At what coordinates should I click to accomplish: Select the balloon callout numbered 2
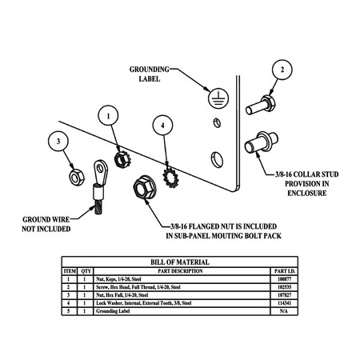(282, 70)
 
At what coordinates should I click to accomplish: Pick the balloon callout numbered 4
(163, 126)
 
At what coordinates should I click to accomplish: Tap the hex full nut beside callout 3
(71, 173)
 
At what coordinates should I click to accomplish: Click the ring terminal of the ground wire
(101, 169)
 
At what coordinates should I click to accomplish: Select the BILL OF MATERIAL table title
(180, 262)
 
